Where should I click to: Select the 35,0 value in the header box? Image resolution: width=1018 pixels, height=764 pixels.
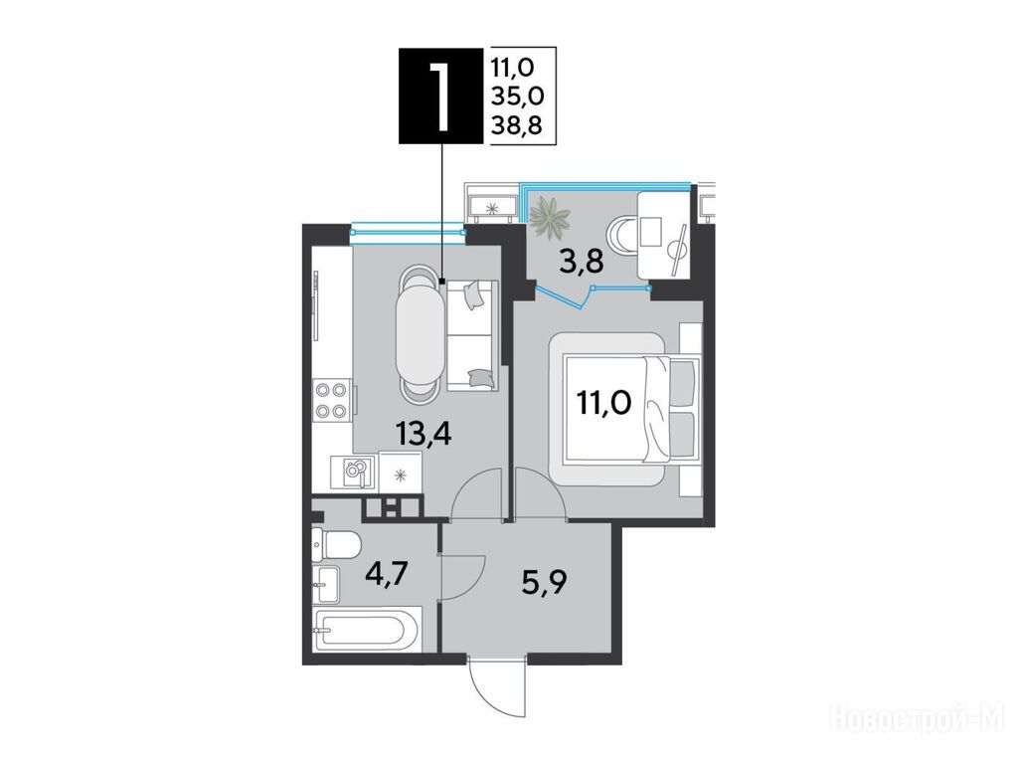pyautogui.click(x=517, y=95)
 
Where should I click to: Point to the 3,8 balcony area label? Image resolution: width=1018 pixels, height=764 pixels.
pyautogui.click(x=581, y=262)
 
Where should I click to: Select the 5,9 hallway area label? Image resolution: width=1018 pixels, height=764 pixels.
pyautogui.click(x=544, y=581)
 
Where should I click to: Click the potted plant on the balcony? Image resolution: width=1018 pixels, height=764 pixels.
pyautogui.click(x=549, y=217)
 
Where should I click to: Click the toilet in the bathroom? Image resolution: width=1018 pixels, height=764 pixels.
pyautogui.click(x=336, y=543)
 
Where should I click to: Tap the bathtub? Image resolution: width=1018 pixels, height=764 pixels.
pyautogui.click(x=367, y=629)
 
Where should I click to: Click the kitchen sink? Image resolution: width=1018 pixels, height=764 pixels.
pyautogui.click(x=352, y=472)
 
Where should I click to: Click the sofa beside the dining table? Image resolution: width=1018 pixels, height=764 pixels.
pyautogui.click(x=472, y=335)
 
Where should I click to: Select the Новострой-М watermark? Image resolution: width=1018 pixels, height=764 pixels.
pyautogui.click(x=918, y=719)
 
